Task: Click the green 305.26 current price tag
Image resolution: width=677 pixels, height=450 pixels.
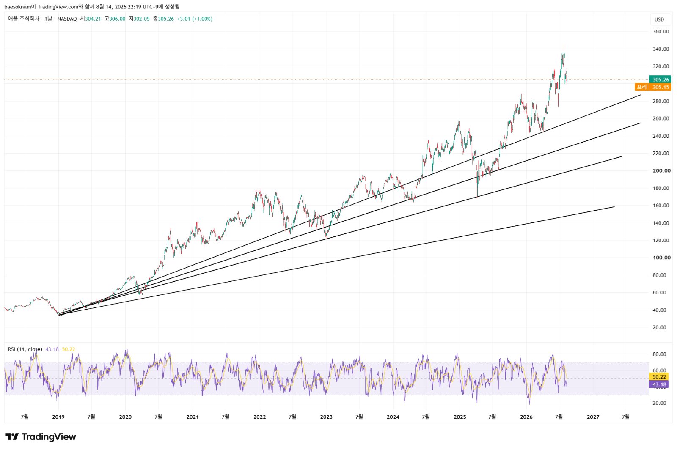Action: click(660, 80)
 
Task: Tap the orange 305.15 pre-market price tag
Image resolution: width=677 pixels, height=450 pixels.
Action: click(660, 87)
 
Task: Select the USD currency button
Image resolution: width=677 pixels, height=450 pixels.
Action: click(659, 19)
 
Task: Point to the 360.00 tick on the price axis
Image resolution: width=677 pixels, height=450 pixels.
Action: click(660, 31)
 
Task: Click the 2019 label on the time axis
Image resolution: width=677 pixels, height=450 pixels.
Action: click(58, 417)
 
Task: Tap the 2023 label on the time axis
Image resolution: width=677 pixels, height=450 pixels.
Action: click(326, 417)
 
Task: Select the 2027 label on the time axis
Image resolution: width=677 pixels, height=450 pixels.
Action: click(593, 417)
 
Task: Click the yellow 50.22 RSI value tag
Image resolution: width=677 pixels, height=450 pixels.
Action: click(659, 376)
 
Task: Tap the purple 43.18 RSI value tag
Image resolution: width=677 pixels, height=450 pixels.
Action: click(659, 384)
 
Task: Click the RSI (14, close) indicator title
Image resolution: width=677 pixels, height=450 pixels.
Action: click(25, 349)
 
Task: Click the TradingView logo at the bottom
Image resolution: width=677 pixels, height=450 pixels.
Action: click(41, 437)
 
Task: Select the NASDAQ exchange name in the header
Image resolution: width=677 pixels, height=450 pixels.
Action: click(67, 19)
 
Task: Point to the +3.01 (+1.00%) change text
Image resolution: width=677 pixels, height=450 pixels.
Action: click(195, 19)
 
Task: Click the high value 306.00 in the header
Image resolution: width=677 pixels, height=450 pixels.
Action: click(117, 19)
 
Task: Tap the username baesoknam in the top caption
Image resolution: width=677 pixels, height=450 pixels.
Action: click(17, 7)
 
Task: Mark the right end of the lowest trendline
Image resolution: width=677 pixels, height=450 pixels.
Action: click(614, 206)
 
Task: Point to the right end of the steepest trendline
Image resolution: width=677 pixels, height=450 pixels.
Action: click(641, 95)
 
